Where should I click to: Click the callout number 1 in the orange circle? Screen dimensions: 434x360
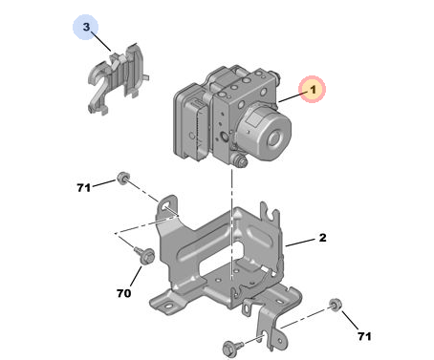tap(314, 90)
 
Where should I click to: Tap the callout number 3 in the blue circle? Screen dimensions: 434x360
tap(86, 27)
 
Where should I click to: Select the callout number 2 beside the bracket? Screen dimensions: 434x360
tap(322, 238)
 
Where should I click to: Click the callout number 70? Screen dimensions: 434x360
tap(123, 293)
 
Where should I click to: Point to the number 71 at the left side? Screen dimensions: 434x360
tap(83, 188)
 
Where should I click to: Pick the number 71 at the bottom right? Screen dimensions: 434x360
tap(364, 336)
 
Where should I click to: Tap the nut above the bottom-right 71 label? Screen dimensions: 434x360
tap(335, 305)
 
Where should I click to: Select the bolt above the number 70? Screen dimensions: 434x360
tap(145, 254)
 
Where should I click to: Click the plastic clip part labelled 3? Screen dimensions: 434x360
tap(117, 78)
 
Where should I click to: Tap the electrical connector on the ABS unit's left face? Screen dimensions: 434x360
tap(199, 127)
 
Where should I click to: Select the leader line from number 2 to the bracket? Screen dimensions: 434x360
tap(300, 243)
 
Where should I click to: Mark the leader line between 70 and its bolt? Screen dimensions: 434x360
tap(136, 276)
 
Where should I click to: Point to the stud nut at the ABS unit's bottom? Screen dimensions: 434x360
tap(241, 161)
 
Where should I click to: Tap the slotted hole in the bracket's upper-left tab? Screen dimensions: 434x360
tap(167, 207)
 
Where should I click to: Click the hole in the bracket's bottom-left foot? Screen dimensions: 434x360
tap(168, 307)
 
